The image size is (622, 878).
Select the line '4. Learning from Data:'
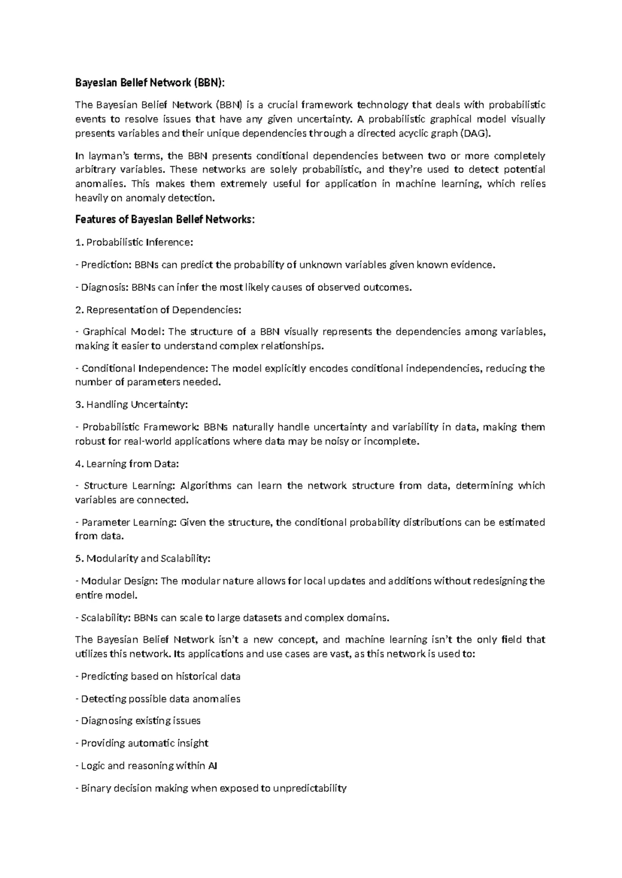coord(127,464)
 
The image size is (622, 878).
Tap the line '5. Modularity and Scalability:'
coord(143,559)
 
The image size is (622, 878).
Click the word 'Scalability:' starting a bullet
coord(106,618)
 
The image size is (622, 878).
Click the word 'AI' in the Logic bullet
coord(212,766)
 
